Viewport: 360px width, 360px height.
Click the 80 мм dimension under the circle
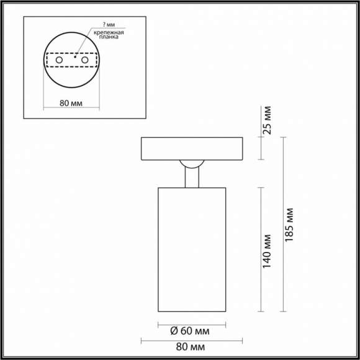click(72, 102)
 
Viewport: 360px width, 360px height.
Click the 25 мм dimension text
click(268, 120)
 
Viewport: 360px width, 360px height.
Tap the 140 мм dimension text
click(268, 250)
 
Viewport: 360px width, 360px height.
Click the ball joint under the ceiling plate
click(191, 164)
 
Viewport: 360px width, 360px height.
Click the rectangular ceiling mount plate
click(192, 148)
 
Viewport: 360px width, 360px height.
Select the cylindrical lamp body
click(192, 248)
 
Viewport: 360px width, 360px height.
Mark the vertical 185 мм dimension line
click(283, 223)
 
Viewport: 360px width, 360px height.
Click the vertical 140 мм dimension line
click(260, 248)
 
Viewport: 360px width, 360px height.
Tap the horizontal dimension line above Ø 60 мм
click(192, 323)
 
